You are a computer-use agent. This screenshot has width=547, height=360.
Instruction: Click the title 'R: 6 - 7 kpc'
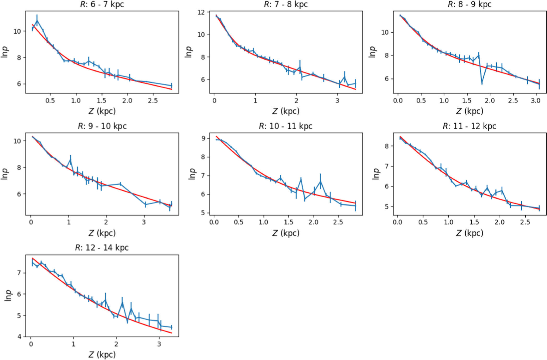click(102, 4)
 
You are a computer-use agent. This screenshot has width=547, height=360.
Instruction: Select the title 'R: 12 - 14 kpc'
click(102, 247)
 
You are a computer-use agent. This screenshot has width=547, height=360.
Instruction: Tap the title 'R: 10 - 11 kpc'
click(286, 126)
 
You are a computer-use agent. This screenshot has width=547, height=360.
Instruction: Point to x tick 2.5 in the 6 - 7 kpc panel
click(153, 101)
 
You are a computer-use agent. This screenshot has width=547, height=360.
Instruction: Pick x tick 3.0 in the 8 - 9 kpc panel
click(536, 101)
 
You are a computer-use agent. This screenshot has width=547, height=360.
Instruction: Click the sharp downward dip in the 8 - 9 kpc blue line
click(482, 83)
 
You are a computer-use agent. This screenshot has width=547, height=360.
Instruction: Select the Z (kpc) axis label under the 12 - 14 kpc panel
click(102, 355)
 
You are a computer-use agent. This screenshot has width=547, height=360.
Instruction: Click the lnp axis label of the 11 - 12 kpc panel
click(375, 174)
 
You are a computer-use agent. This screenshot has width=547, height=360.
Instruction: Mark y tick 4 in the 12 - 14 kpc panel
click(20, 337)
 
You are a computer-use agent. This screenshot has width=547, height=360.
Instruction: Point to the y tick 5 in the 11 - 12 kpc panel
click(387, 206)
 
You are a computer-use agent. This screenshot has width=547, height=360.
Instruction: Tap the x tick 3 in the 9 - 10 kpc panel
click(144, 222)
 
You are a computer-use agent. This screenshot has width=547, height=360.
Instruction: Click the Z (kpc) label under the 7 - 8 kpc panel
click(286, 111)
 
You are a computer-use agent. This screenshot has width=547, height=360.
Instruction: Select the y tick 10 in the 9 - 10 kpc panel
click(17, 141)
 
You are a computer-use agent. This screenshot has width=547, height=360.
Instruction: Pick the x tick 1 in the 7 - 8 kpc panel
click(255, 101)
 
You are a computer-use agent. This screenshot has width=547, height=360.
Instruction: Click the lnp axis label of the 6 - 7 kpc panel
click(5, 52)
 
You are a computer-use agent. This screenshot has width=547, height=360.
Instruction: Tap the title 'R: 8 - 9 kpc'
click(470, 4)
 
